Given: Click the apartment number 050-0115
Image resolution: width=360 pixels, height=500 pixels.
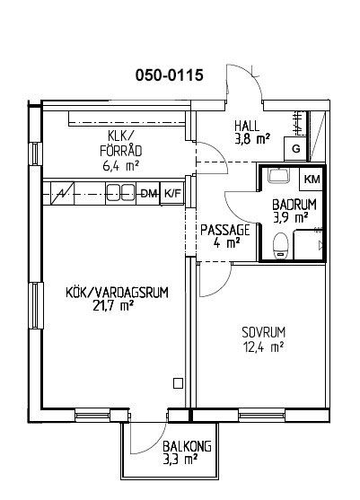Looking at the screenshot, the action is point(170,75).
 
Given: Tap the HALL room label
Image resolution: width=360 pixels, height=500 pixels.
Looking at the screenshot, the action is point(247,126).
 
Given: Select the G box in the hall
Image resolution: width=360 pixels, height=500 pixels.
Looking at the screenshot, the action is point(295,149).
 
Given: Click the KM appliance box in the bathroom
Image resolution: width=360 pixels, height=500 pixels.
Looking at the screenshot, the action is point(312,180).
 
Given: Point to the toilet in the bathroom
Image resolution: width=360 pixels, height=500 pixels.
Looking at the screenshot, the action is point(281,246).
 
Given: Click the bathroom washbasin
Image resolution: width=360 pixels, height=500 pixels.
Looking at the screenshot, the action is point(278,175).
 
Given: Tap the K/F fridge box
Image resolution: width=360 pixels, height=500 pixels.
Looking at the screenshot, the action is point(172,193).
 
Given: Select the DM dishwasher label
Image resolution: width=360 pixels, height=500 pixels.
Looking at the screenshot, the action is point(149,193).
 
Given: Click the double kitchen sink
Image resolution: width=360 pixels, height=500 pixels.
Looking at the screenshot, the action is point(120,193).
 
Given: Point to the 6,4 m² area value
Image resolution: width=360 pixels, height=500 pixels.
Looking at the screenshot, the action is point(120,166).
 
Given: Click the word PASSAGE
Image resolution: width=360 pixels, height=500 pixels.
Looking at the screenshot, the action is point(224,230).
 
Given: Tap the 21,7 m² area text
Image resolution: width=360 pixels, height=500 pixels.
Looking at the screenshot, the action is point(113,306).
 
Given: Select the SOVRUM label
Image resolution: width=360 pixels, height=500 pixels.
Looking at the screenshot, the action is point(263,333).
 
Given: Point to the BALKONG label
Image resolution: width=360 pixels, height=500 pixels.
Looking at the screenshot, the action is point(187,446).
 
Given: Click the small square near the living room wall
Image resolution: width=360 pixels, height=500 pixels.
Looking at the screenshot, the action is point(178,383).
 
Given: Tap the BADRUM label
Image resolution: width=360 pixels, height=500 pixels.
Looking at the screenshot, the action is point(294,205).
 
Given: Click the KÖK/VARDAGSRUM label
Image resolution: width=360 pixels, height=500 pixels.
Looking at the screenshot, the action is point(117,293).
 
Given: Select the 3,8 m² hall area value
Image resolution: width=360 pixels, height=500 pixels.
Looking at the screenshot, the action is point(252,140).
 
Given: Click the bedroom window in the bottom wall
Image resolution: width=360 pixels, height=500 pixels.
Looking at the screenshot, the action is point(261,416).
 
